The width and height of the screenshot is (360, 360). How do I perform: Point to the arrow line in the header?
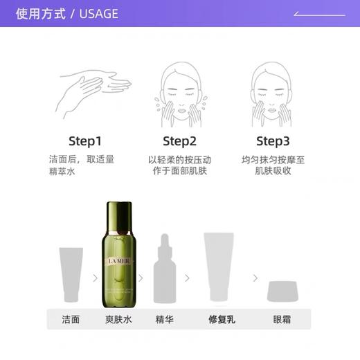[319, 14]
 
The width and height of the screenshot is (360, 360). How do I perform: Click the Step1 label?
[86, 141]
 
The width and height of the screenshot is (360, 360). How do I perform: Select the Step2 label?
[179, 141]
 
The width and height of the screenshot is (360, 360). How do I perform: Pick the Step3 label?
[273, 141]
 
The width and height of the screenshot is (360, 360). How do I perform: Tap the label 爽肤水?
[117, 319]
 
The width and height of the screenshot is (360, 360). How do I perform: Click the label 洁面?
[71, 319]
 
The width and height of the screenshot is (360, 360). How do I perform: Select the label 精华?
[164, 319]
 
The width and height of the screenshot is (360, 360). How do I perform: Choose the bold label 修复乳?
[222, 319]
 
